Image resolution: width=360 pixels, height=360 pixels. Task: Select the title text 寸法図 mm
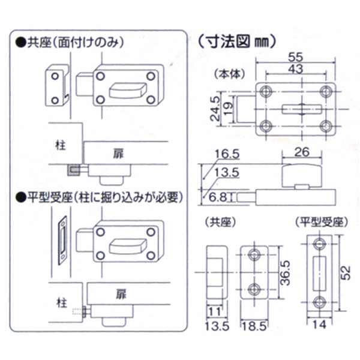[x=236, y=41]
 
